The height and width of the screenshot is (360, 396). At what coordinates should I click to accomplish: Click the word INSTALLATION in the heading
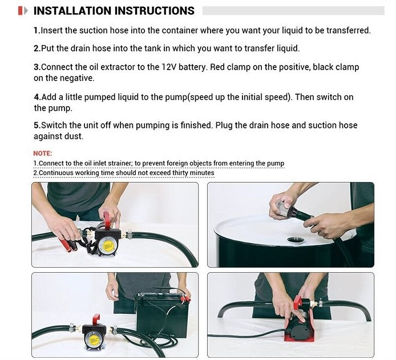coord(72,11)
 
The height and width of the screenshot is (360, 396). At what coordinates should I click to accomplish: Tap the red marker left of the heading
coord(20,11)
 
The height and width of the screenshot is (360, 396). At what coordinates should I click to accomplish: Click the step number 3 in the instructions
coord(36,67)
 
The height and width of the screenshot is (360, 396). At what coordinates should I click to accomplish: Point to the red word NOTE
coord(42,153)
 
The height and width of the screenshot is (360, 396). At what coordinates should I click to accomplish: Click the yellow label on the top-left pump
coord(108,245)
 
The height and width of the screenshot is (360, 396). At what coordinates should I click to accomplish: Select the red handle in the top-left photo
coord(107,220)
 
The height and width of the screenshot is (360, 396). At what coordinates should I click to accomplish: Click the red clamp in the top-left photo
coord(66,245)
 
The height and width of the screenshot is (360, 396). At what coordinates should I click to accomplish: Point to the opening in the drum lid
coord(296,240)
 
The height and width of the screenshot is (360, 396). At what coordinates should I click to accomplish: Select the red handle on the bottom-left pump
coord(96,320)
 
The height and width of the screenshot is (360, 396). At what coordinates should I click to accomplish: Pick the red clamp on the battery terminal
coord(187,300)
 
